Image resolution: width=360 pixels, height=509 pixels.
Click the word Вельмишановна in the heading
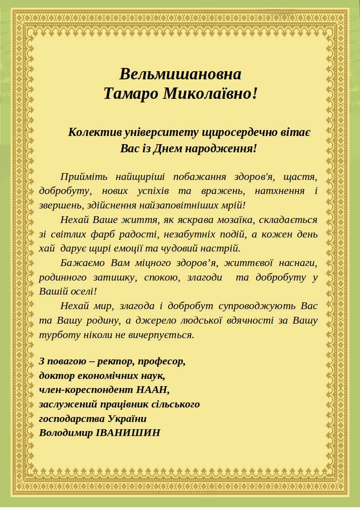click(x=180, y=74)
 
